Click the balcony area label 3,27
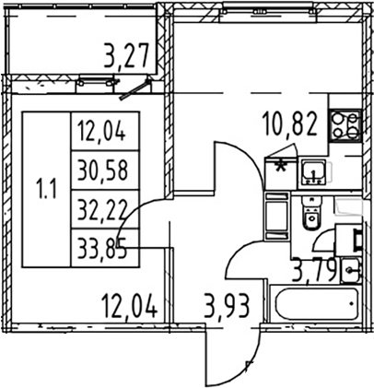tap(126, 55)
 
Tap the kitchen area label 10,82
tap(290, 124)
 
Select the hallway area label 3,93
tap(227, 305)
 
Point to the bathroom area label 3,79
tap(314, 269)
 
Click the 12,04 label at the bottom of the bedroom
tap(130, 305)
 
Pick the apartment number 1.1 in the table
tap(46, 190)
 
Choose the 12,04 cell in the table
tap(101, 132)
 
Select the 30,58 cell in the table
tap(102, 170)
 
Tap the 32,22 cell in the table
tap(102, 209)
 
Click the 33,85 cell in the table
tap(102, 248)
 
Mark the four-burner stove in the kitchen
tap(345, 125)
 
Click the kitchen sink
tap(314, 172)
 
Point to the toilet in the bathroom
tap(311, 213)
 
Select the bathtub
tap(317, 304)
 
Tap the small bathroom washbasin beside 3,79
tap(350, 270)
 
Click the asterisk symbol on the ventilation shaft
tap(280, 168)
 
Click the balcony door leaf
tap(135, 90)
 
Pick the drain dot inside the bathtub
tap(352, 303)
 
